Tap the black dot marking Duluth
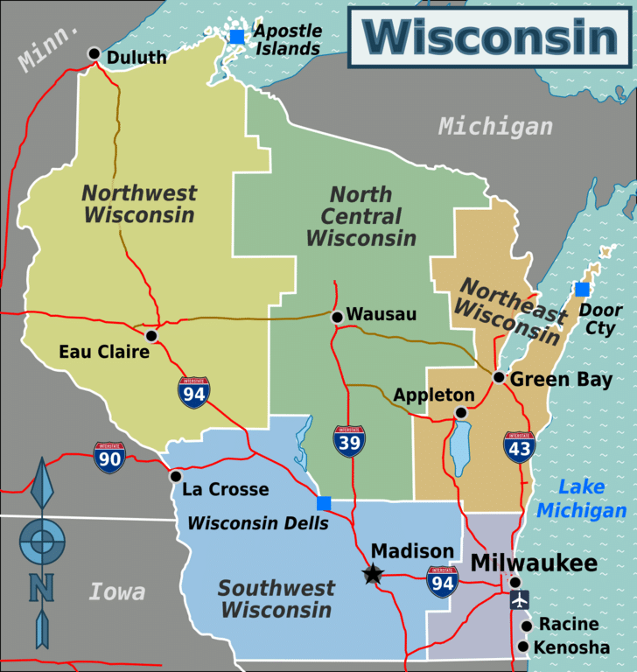click(94, 53)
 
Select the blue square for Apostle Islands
click(237, 37)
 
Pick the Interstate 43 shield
click(520, 446)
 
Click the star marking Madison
click(374, 574)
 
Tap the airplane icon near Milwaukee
click(520, 601)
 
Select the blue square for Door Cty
click(582, 290)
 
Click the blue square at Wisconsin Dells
click(324, 503)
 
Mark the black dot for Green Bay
click(499, 377)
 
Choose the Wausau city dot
click(337, 317)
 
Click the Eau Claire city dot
click(151, 335)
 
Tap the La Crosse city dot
click(176, 477)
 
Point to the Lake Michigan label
click(582, 499)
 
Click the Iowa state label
click(117, 592)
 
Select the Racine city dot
click(527, 626)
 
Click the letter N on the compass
click(42, 586)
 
